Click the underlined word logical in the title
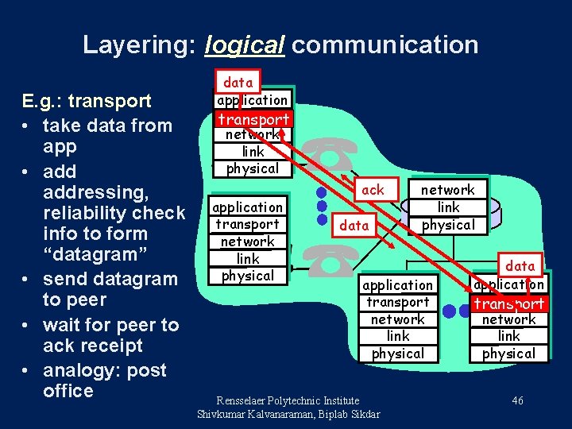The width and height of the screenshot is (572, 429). [244, 44]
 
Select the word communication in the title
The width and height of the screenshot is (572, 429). [385, 44]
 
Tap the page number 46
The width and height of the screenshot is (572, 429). [517, 401]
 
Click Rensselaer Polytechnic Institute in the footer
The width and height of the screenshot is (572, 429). [288, 400]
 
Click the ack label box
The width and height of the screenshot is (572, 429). [373, 190]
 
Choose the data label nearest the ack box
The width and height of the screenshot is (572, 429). [354, 226]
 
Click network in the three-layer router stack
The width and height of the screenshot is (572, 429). [447, 190]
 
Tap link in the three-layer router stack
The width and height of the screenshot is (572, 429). [448, 207]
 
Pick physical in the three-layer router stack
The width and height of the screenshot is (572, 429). [448, 225]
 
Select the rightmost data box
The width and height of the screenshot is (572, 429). [520, 266]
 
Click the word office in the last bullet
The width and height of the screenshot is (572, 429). [68, 391]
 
